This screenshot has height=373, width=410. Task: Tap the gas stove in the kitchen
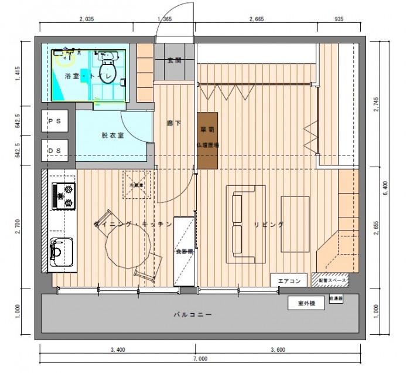pyautogui.click(x=64, y=196)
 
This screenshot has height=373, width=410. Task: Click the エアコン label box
pyautogui.click(x=288, y=281)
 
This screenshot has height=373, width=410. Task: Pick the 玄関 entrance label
pyautogui.click(x=174, y=60)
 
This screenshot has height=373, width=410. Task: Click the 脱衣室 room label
pyautogui.click(x=112, y=135)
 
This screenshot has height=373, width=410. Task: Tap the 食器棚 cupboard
pyautogui.click(x=184, y=251)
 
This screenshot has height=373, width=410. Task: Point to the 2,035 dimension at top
pyautogui.click(x=86, y=19)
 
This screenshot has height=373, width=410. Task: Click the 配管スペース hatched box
pyautogui.click(x=330, y=281)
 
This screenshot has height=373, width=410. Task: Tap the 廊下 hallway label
pyautogui.click(x=173, y=124)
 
